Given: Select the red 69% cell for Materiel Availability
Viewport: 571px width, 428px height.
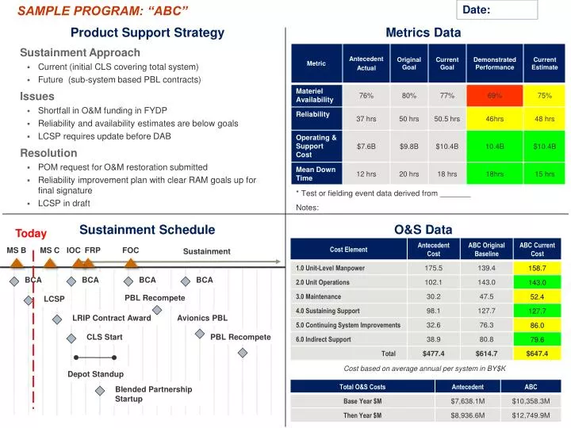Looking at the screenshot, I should coord(495,95).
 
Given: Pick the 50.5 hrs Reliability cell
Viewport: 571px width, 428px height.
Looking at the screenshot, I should coord(447,119).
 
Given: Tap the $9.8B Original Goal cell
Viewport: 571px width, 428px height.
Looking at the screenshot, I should coord(408,146).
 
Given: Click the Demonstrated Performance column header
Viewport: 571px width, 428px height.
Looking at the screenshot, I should coord(495,63).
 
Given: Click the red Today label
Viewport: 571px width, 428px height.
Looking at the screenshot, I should coord(31,233).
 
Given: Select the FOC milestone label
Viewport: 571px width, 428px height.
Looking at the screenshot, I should coord(131,250).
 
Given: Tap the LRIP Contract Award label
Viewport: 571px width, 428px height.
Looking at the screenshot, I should coord(111,318).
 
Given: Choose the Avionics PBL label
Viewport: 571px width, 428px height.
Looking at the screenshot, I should coord(202,318).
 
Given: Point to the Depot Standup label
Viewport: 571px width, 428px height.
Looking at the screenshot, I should coord(95,373).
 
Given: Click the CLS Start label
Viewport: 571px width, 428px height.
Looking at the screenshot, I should coord(105,337).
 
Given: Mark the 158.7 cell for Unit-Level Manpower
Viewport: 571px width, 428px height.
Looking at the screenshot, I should coord(537,268).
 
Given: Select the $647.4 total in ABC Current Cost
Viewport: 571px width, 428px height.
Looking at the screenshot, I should coord(537,353).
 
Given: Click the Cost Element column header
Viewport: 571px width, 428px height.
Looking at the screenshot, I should coord(348,249).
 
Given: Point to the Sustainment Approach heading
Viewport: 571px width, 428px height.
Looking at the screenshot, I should coord(69,52).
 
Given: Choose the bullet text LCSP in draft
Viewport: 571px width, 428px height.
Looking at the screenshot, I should coord(63,204).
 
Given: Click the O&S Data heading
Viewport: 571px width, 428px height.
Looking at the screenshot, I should coord(423,230).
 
